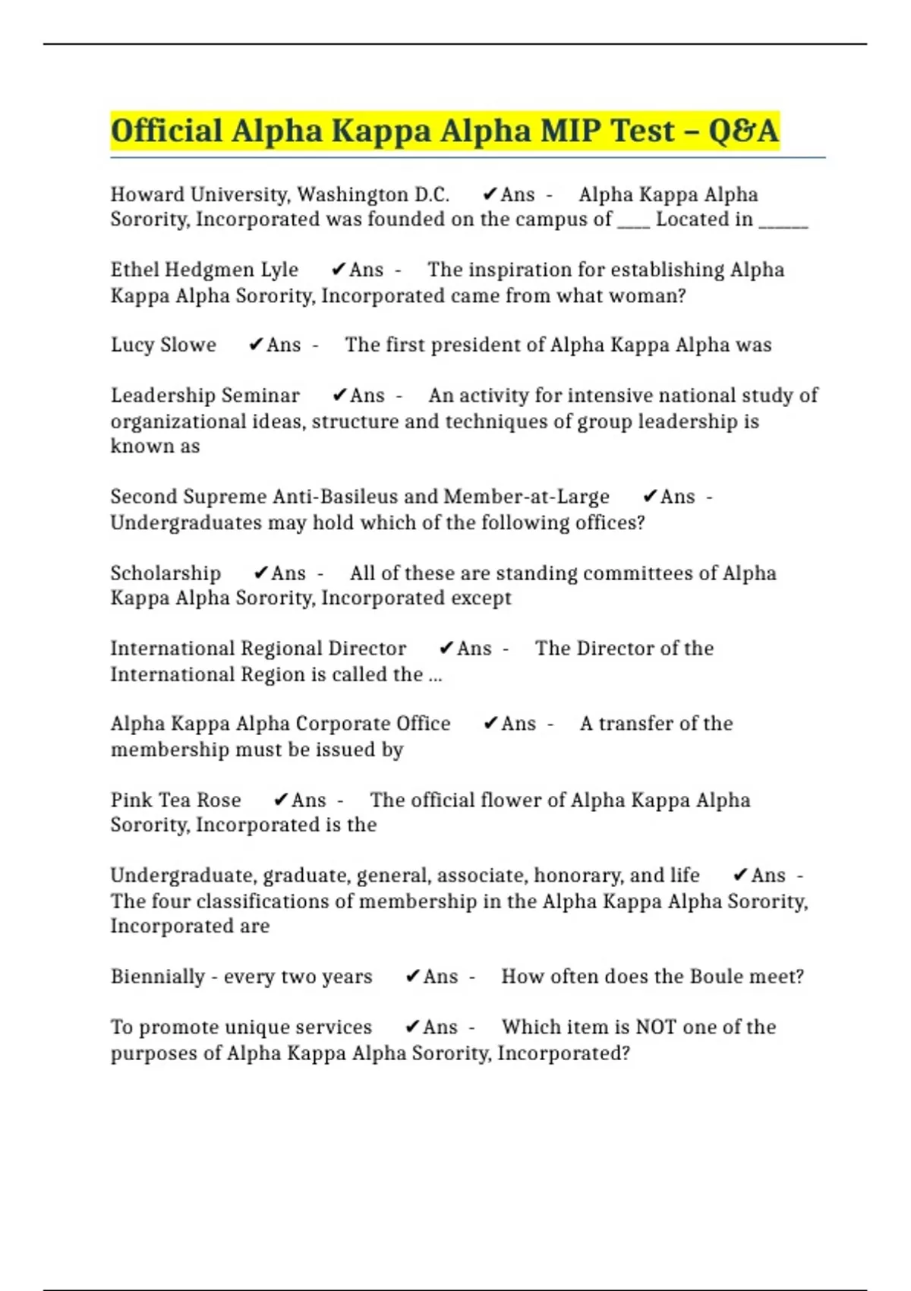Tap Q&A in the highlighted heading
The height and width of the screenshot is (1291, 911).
(x=743, y=131)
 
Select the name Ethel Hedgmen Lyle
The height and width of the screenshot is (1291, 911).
(x=204, y=270)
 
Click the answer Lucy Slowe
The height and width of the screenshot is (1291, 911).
(x=163, y=345)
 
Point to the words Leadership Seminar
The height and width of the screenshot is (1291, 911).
(x=205, y=396)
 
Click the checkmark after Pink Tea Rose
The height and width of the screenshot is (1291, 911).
(x=280, y=800)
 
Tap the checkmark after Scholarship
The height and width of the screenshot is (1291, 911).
(x=260, y=573)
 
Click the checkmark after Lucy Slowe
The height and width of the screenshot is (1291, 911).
(x=256, y=345)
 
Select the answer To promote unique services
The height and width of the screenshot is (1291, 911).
(x=241, y=1027)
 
